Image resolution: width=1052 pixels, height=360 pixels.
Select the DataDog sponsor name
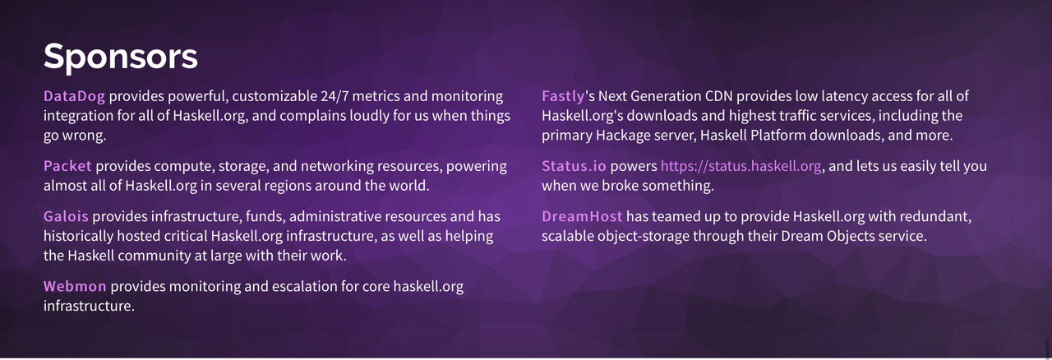pyautogui.click(x=74, y=96)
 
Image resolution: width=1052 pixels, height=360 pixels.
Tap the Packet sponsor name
pyautogui.click(x=67, y=166)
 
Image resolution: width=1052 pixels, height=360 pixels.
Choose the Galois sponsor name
pyautogui.click(x=66, y=216)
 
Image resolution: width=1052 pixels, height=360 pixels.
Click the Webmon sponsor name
pyautogui.click(x=75, y=286)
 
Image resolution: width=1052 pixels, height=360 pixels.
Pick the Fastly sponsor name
pyautogui.click(x=563, y=97)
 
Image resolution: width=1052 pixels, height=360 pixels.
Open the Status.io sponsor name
pyautogui.click(x=574, y=166)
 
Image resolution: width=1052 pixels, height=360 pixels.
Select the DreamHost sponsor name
pyautogui.click(x=582, y=216)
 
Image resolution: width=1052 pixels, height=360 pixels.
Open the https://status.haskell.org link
pyautogui.click(x=741, y=166)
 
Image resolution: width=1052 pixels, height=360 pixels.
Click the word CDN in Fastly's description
pyautogui.click(x=718, y=96)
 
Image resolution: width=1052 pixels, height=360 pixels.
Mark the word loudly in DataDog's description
pyautogui.click(x=369, y=116)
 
